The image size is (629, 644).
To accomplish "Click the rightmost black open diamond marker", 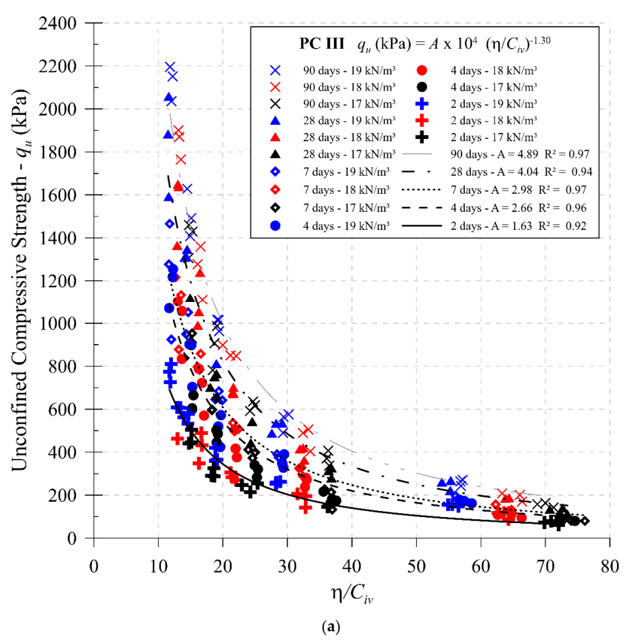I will point(585,521).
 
